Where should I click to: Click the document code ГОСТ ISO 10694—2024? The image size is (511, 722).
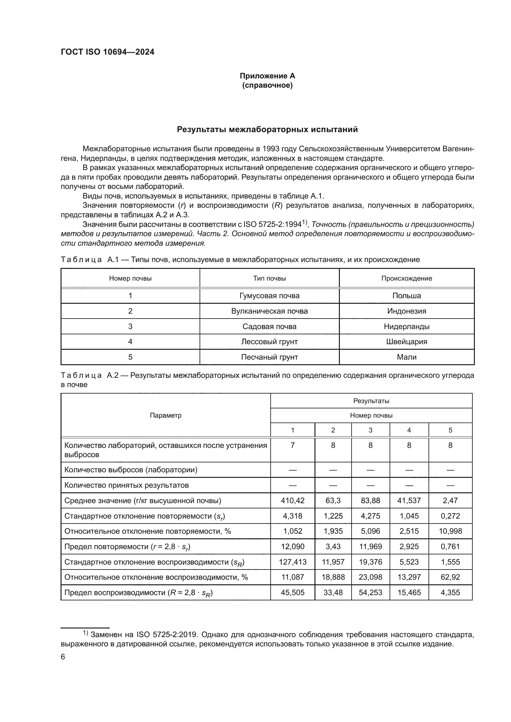click(107, 52)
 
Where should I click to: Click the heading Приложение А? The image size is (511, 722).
click(267, 76)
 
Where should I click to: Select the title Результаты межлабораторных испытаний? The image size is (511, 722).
click(267, 130)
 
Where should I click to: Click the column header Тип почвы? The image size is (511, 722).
click(269, 278)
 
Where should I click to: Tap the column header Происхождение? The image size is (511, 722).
click(407, 278)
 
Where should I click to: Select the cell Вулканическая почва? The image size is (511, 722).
click(269, 311)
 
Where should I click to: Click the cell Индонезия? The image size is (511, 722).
click(407, 311)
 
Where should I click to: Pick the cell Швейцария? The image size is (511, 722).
click(407, 341)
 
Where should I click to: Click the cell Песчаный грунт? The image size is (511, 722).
click(269, 357)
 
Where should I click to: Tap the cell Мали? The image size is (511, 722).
click(407, 357)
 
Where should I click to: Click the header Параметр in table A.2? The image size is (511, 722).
click(166, 415)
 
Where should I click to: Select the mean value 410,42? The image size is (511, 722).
click(293, 501)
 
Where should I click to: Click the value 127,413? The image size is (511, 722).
click(293, 562)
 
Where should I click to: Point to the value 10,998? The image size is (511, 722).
click(450, 531)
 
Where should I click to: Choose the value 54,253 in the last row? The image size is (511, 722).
click(370, 592)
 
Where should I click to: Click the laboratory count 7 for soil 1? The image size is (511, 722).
click(293, 445)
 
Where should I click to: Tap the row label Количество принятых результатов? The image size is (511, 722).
click(126, 485)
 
